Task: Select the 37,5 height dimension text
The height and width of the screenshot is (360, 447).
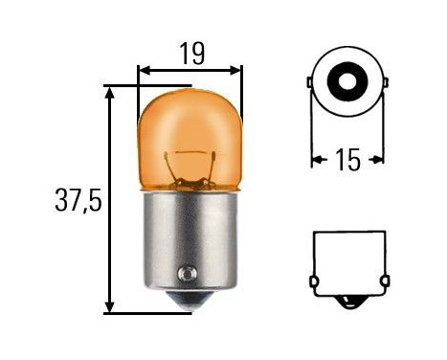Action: coord(76,202)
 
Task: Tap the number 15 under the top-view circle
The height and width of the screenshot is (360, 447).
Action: coord(348,159)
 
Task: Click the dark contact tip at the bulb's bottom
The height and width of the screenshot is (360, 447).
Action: coord(191,304)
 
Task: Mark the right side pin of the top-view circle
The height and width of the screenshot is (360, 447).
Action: coord(386,84)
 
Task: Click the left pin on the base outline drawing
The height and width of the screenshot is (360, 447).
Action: coord(313,281)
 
